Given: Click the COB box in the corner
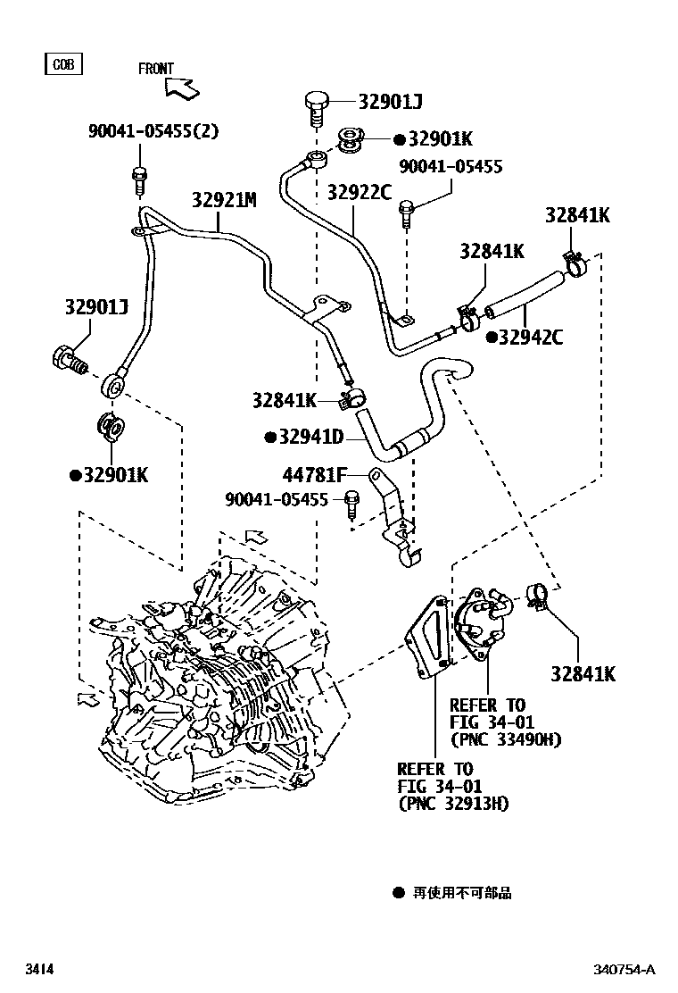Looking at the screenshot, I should tap(62, 64).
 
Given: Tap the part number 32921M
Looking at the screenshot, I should tap(223, 200).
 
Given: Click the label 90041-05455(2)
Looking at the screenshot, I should tap(153, 131).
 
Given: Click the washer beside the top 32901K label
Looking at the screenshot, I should tap(350, 140).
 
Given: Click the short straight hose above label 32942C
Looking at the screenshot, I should tap(523, 296).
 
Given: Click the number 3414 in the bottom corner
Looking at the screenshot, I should tap(38, 969).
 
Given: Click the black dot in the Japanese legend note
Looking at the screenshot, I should tap(398, 892).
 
